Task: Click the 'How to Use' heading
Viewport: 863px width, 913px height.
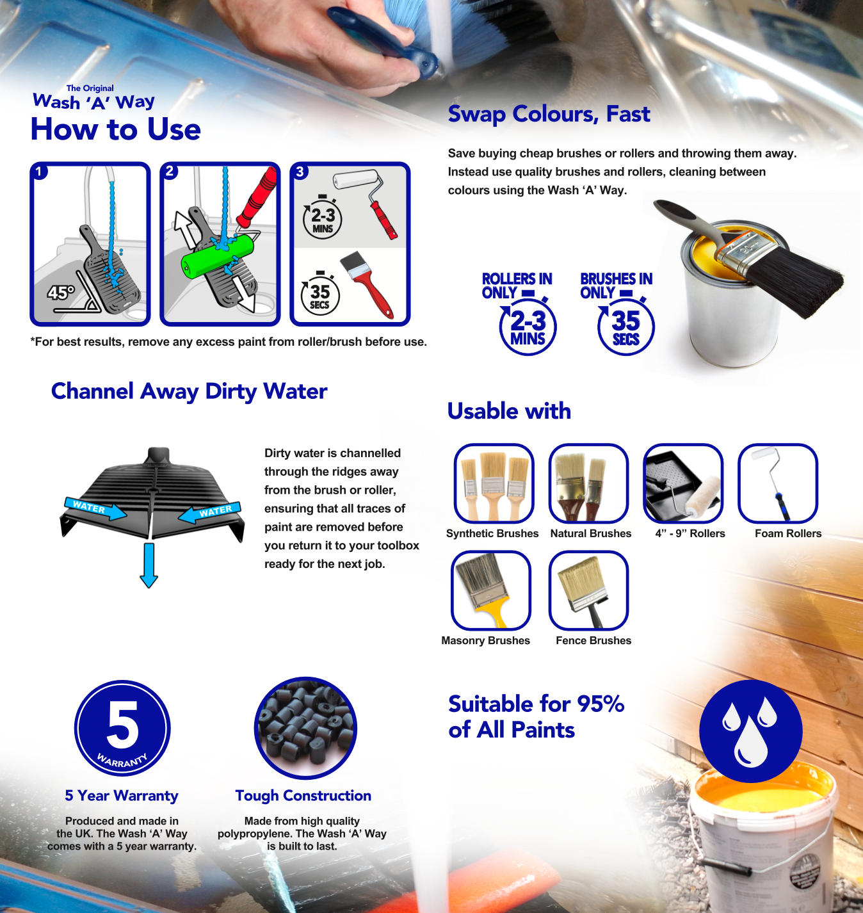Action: [x=116, y=129]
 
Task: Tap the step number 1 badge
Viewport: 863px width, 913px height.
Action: [x=39, y=172]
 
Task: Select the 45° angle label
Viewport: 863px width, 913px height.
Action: [x=61, y=293]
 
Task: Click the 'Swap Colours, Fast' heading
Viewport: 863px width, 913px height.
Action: [x=549, y=114]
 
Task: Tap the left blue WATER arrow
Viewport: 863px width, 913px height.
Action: [x=95, y=508]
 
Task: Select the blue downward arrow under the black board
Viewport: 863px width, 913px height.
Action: [x=149, y=565]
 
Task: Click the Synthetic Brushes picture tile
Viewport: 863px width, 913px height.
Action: [x=494, y=483]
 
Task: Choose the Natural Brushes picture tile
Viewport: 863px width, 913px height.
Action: [x=588, y=483]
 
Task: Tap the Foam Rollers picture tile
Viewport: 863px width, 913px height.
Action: [x=778, y=483]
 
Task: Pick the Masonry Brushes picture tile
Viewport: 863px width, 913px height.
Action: [x=491, y=590]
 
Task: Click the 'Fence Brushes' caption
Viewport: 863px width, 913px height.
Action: [x=593, y=641]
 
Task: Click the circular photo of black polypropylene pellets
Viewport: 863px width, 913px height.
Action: [x=305, y=728]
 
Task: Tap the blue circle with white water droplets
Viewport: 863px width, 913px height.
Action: [x=750, y=731]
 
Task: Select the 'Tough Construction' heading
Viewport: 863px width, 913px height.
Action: [x=303, y=795]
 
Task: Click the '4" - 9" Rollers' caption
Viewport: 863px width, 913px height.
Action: [x=690, y=533]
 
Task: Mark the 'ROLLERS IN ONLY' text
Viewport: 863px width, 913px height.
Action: [x=517, y=286]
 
